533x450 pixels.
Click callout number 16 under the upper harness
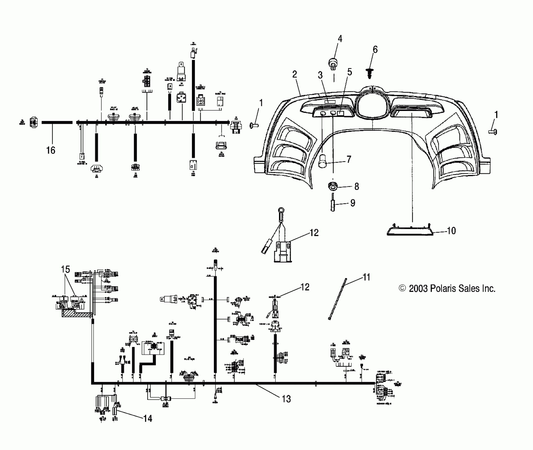(x=50, y=150)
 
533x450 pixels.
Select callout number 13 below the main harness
(x=286, y=399)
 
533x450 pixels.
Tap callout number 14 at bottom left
(x=148, y=418)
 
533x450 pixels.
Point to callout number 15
(x=65, y=269)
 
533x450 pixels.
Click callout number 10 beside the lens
(x=451, y=231)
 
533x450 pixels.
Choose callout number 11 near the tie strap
(x=366, y=277)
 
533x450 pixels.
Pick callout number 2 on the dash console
(x=295, y=74)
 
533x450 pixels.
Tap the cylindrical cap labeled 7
(x=322, y=161)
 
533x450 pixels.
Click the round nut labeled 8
(x=332, y=186)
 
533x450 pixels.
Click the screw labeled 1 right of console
(x=493, y=131)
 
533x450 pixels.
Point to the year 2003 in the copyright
(x=418, y=289)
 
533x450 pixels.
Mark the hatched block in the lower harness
(x=77, y=314)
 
